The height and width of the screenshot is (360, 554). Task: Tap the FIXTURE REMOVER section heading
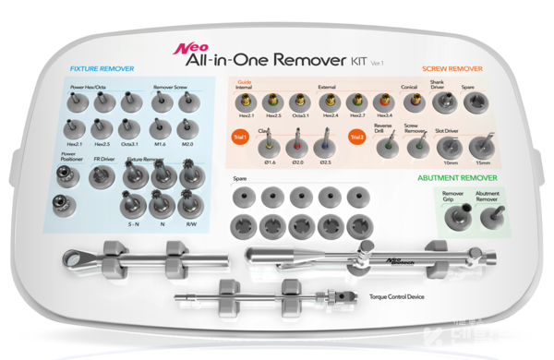point(102,69)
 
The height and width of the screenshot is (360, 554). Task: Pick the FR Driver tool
point(103,177)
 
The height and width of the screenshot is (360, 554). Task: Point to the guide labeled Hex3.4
point(383,102)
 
